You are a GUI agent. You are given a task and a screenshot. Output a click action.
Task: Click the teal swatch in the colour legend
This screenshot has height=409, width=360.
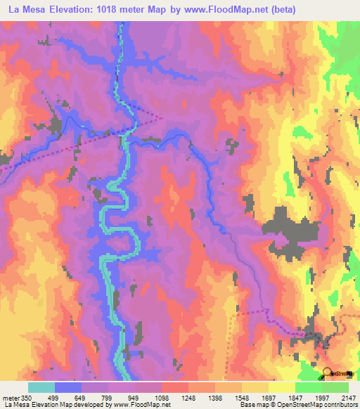[41, 387]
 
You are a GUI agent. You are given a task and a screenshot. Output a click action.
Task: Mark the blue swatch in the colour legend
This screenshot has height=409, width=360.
[68, 387]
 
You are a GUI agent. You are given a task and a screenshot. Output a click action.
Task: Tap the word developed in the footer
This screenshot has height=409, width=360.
[93, 404]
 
